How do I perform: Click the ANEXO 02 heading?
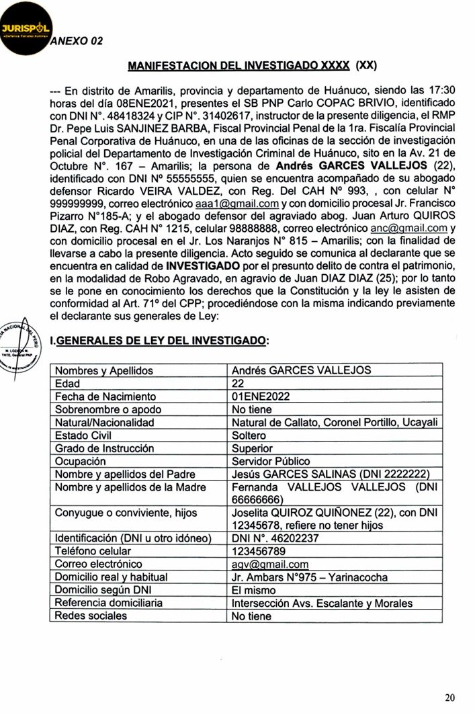click(77, 41)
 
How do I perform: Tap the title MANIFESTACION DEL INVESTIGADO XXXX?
click(238, 66)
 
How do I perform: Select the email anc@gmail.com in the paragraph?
click(408, 228)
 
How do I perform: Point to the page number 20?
click(450, 697)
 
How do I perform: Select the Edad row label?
click(68, 384)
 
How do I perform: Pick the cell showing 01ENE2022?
click(261, 396)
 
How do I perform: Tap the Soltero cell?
click(249, 435)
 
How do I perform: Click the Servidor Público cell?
click(271, 462)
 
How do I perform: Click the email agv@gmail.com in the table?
click(270, 564)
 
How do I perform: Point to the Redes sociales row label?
click(91, 616)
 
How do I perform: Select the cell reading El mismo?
click(251, 590)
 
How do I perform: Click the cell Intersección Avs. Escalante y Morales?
click(322, 603)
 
